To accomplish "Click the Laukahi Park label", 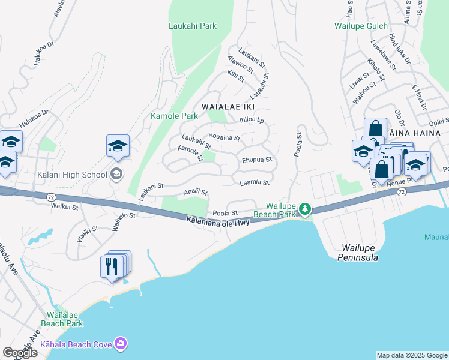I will pyautogui.click(x=192, y=26).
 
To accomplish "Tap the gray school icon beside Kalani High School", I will pyautogui.click(x=116, y=175).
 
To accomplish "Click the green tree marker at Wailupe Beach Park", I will pyautogui.click(x=305, y=209).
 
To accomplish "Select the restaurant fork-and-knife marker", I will pyautogui.click(x=112, y=266).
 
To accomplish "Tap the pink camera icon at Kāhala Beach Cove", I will pyautogui.click(x=121, y=344).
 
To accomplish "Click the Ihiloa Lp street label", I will pyautogui.click(x=252, y=119).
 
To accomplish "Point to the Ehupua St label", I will pyautogui.click(x=257, y=160).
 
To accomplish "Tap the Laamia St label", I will pyautogui.click(x=254, y=182).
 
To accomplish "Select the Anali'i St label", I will pyautogui.click(x=196, y=192).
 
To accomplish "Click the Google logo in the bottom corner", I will pyautogui.click(x=20, y=353).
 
